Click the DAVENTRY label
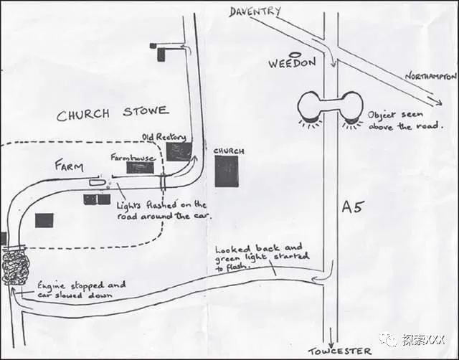click(255, 11)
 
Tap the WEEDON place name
click(292, 63)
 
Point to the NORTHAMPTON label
click(431, 76)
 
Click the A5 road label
click(354, 208)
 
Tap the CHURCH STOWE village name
click(113, 113)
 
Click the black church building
click(227, 171)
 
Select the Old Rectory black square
click(179, 152)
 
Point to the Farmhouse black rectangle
click(140, 167)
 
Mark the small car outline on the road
click(97, 184)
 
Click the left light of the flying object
click(313, 107)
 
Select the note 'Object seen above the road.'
click(400, 120)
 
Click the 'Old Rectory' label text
click(164, 136)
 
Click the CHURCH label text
click(229, 151)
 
